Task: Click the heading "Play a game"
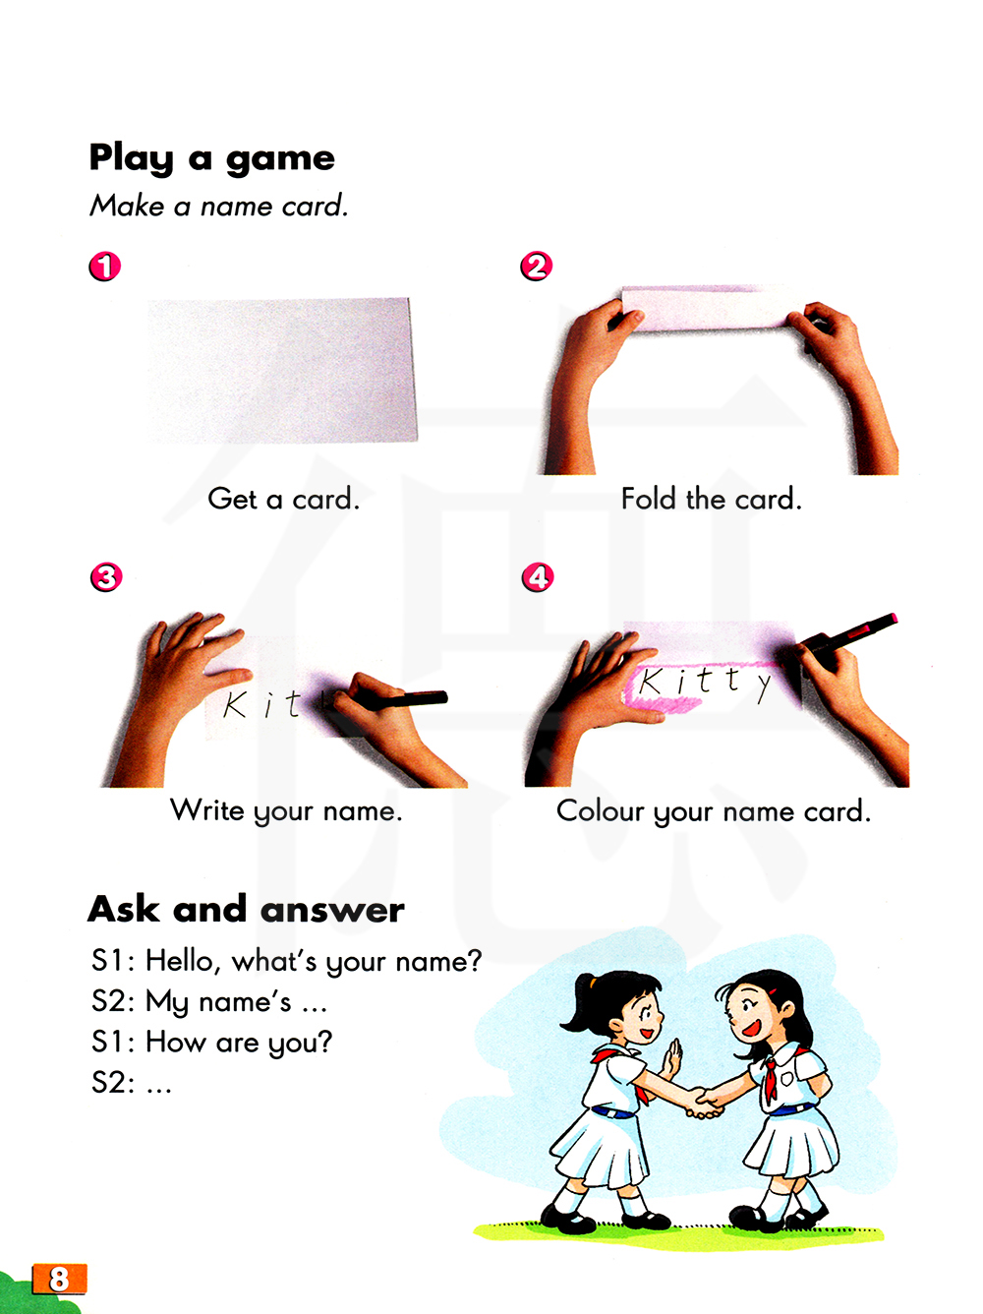pos(211,158)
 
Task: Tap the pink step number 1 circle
pos(105,266)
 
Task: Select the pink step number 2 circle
pos(536,266)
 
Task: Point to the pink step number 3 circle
pos(106,577)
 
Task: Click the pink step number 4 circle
pos(538,577)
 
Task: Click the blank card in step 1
pos(281,370)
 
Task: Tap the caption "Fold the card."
pos(711,499)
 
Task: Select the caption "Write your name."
pos(286,811)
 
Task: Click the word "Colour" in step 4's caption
pos(600,811)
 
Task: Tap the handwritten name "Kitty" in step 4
pos(704,683)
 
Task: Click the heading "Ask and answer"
pos(246,910)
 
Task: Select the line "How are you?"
pos(239,1043)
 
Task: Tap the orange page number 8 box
pos(59,1278)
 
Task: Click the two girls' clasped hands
pos(704,1103)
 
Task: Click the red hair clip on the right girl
pos(773,991)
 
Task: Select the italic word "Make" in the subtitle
pos(127,206)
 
